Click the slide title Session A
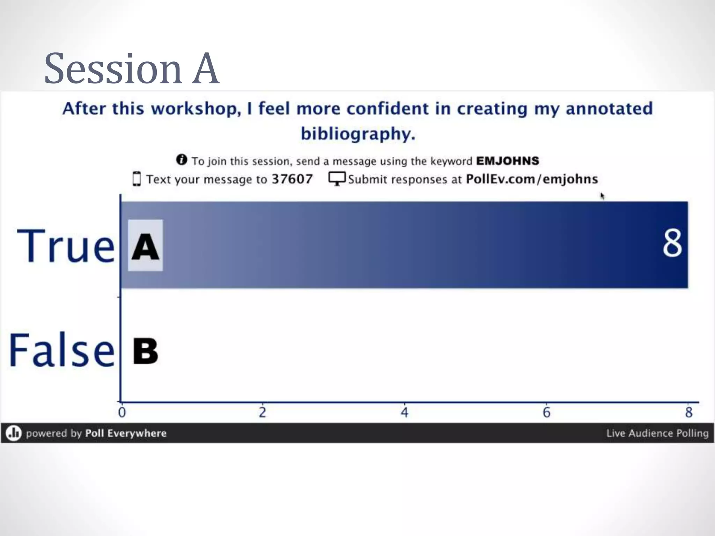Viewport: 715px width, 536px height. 132,68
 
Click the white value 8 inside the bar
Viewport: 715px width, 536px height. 672,243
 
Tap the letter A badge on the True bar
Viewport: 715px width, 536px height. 145,245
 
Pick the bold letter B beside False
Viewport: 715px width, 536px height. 145,351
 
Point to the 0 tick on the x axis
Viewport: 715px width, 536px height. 122,412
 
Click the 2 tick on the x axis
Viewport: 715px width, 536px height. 263,412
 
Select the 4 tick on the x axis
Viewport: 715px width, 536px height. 404,412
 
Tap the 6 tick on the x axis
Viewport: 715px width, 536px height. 546,412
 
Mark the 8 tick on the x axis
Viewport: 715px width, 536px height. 688,412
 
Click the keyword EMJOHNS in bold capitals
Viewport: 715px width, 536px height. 508,161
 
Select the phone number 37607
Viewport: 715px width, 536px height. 292,179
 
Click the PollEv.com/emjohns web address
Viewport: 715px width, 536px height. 532,179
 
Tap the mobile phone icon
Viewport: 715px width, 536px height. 137,179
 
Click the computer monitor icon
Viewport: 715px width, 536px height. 337,179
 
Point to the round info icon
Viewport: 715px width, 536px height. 182,160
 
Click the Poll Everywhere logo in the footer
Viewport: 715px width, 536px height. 14,433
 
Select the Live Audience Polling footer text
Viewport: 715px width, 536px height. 657,433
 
